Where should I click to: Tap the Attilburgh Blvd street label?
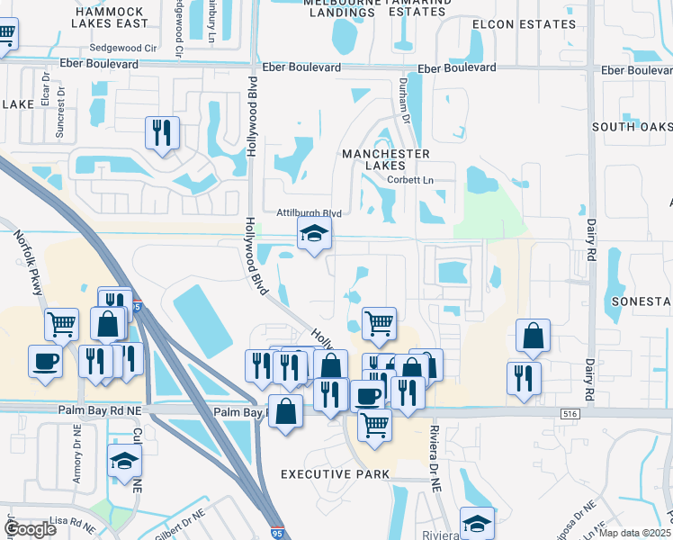point(309,213)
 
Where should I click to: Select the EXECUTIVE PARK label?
point(335,474)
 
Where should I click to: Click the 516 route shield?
point(567,412)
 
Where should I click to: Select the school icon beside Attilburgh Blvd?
point(313,234)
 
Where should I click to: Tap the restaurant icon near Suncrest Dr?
point(162,133)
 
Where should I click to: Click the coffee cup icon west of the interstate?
point(46,361)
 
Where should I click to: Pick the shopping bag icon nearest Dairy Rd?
point(534,336)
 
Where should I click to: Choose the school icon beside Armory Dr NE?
point(124,461)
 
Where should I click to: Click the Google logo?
point(30,529)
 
